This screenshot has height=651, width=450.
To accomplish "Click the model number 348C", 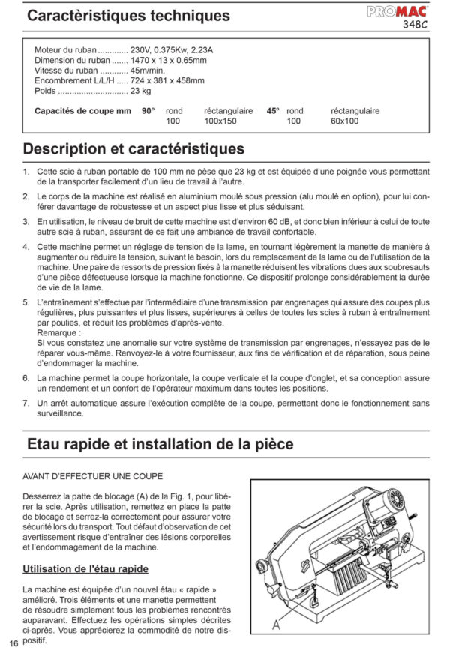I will pyautogui.click(x=415, y=24).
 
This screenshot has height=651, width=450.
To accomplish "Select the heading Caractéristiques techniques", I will pyautogui.click(x=127, y=16).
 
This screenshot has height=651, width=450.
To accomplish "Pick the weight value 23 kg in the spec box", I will pyautogui.click(x=140, y=91).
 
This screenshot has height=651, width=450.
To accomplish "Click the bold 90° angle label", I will pyautogui.click(x=148, y=111).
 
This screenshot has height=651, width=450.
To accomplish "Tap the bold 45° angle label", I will pyautogui.click(x=273, y=111).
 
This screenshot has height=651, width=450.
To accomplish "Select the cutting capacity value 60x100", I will pyautogui.click(x=345, y=121).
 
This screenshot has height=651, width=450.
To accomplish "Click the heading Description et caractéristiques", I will pyautogui.click(x=134, y=148).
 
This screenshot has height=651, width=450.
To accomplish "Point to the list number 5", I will pyautogui.click(x=26, y=301).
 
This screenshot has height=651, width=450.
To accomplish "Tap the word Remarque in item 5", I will pyautogui.click(x=57, y=331).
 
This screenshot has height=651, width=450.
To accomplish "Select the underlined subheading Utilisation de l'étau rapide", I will pyautogui.click(x=85, y=569).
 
